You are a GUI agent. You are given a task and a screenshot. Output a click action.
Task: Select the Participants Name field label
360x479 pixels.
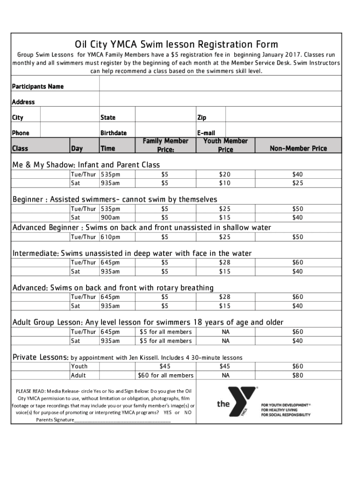click(38, 87)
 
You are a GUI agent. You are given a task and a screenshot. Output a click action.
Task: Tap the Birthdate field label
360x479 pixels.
click(113, 133)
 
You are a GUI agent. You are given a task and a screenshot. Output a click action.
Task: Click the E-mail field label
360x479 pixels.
click(206, 133)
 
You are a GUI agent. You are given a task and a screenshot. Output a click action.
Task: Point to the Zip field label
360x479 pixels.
click(202, 117)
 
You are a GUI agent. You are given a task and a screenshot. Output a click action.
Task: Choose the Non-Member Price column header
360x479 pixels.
click(298, 148)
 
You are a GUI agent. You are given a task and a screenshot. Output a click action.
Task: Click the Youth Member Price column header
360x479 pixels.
click(225, 145)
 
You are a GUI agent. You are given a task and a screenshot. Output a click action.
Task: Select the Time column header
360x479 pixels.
click(108, 148)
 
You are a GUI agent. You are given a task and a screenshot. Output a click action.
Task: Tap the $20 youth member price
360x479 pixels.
click(225, 174)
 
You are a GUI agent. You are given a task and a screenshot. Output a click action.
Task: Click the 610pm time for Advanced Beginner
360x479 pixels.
click(110, 237)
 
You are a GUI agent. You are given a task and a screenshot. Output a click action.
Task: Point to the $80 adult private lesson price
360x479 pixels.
click(298, 375)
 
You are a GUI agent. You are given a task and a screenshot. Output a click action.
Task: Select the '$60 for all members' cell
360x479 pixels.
click(165, 375)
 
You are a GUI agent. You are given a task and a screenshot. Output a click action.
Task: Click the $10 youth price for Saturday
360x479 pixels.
click(225, 182)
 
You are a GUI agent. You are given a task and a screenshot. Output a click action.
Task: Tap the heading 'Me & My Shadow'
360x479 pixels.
click(42, 165)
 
